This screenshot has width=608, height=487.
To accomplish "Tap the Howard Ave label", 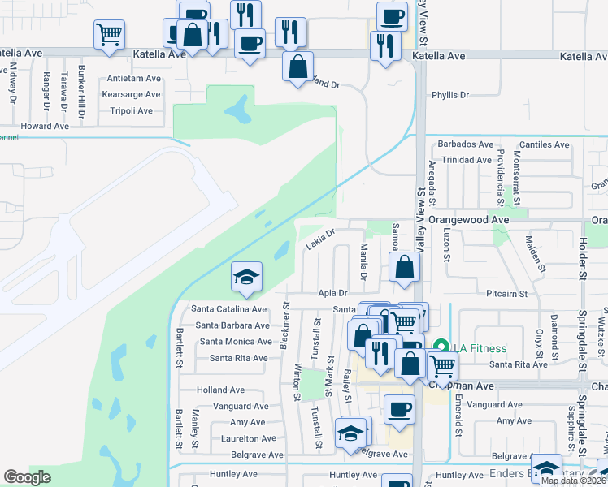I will point(46,126).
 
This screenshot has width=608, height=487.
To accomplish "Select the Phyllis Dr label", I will point(451,95).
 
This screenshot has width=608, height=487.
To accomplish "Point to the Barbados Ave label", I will point(466,144).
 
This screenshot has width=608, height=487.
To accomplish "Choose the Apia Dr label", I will point(332,293).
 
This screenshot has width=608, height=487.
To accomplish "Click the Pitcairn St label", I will point(507,293).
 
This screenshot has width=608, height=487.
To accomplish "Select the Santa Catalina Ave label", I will point(228,309).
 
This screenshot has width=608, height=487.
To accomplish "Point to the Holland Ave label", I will point(220,390).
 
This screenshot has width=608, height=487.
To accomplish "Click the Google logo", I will point(28,476).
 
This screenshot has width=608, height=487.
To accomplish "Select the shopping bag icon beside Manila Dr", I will point(404,267).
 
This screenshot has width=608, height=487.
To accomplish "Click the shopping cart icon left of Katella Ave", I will point(109,34).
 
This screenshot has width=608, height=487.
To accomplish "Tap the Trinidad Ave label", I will point(467,160).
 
